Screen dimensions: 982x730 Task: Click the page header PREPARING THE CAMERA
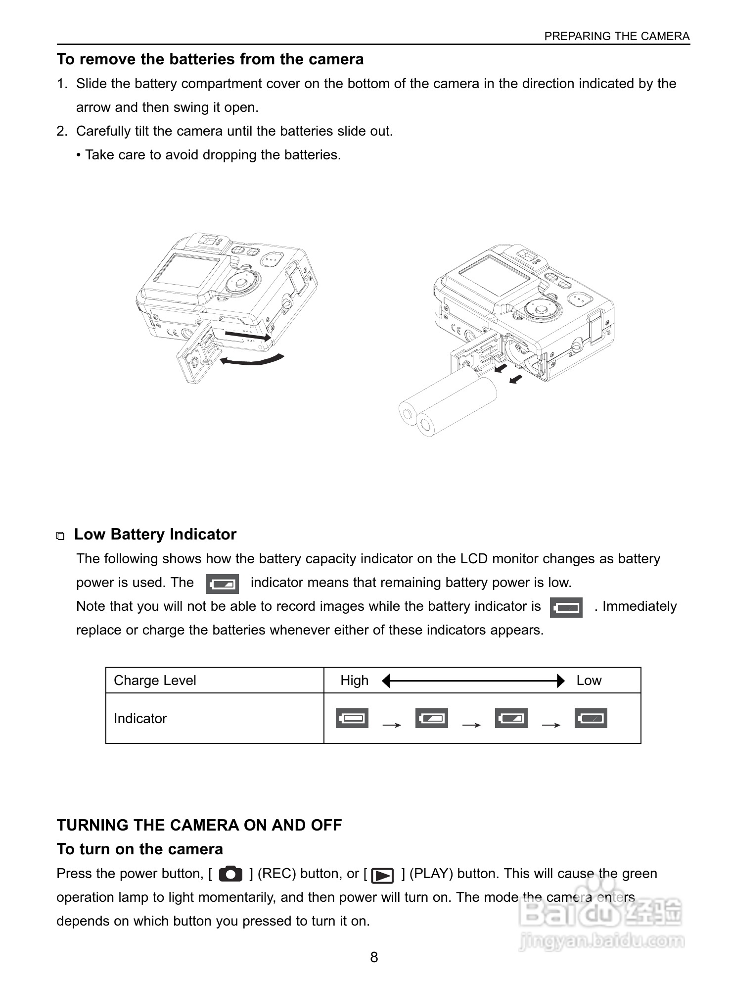click(x=616, y=36)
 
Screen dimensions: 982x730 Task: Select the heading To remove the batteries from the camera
click(x=210, y=59)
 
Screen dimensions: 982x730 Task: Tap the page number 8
click(x=374, y=957)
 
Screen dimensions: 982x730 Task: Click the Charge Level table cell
click(x=155, y=681)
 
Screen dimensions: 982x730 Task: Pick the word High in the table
click(x=354, y=681)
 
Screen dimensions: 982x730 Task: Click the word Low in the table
click(x=589, y=681)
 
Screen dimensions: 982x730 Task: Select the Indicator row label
click(x=140, y=719)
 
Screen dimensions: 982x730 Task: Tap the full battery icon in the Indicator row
click(x=352, y=718)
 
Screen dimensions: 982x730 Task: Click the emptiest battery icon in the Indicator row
click(x=591, y=718)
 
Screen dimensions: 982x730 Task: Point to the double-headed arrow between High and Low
click(x=473, y=681)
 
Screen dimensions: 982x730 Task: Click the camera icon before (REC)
click(x=230, y=874)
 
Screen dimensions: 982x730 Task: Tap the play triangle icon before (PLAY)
click(x=382, y=876)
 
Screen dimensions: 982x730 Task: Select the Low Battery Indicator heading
click(x=155, y=535)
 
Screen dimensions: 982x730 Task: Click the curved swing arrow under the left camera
click(x=252, y=360)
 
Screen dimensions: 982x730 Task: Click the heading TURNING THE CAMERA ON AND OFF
click(x=199, y=826)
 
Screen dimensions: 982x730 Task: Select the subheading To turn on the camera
click(x=140, y=849)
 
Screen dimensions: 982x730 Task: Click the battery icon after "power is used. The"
click(x=223, y=584)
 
